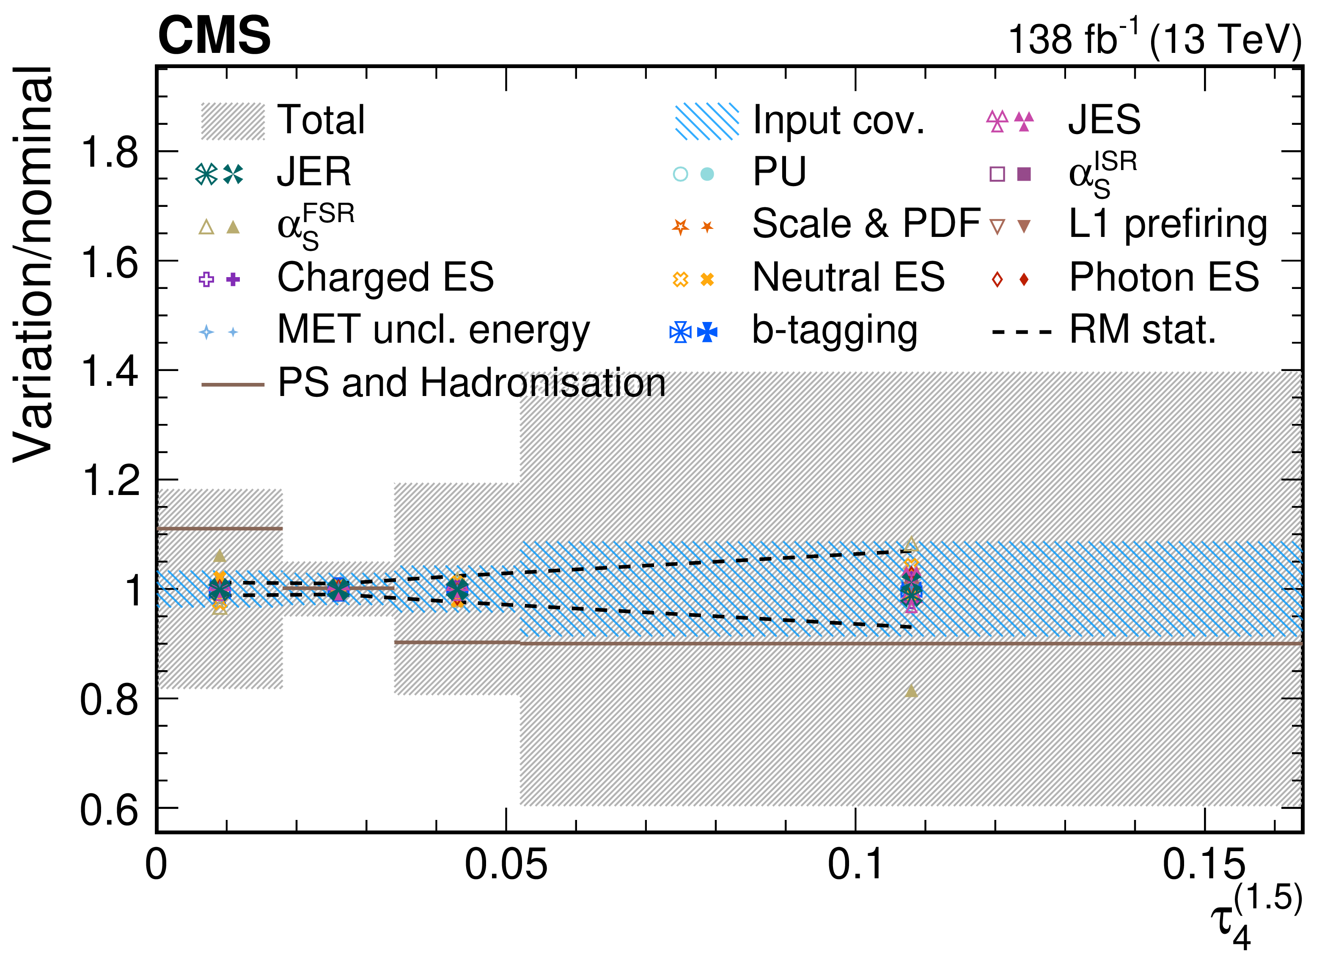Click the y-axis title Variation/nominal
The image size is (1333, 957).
[x=33, y=264]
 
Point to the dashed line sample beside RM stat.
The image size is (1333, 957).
[x=1022, y=332]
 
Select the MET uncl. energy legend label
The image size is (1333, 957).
[x=434, y=331]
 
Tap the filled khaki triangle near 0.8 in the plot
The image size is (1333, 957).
[x=911, y=691]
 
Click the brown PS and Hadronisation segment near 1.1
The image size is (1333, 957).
[x=220, y=528]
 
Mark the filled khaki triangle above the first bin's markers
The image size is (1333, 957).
[x=220, y=555]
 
